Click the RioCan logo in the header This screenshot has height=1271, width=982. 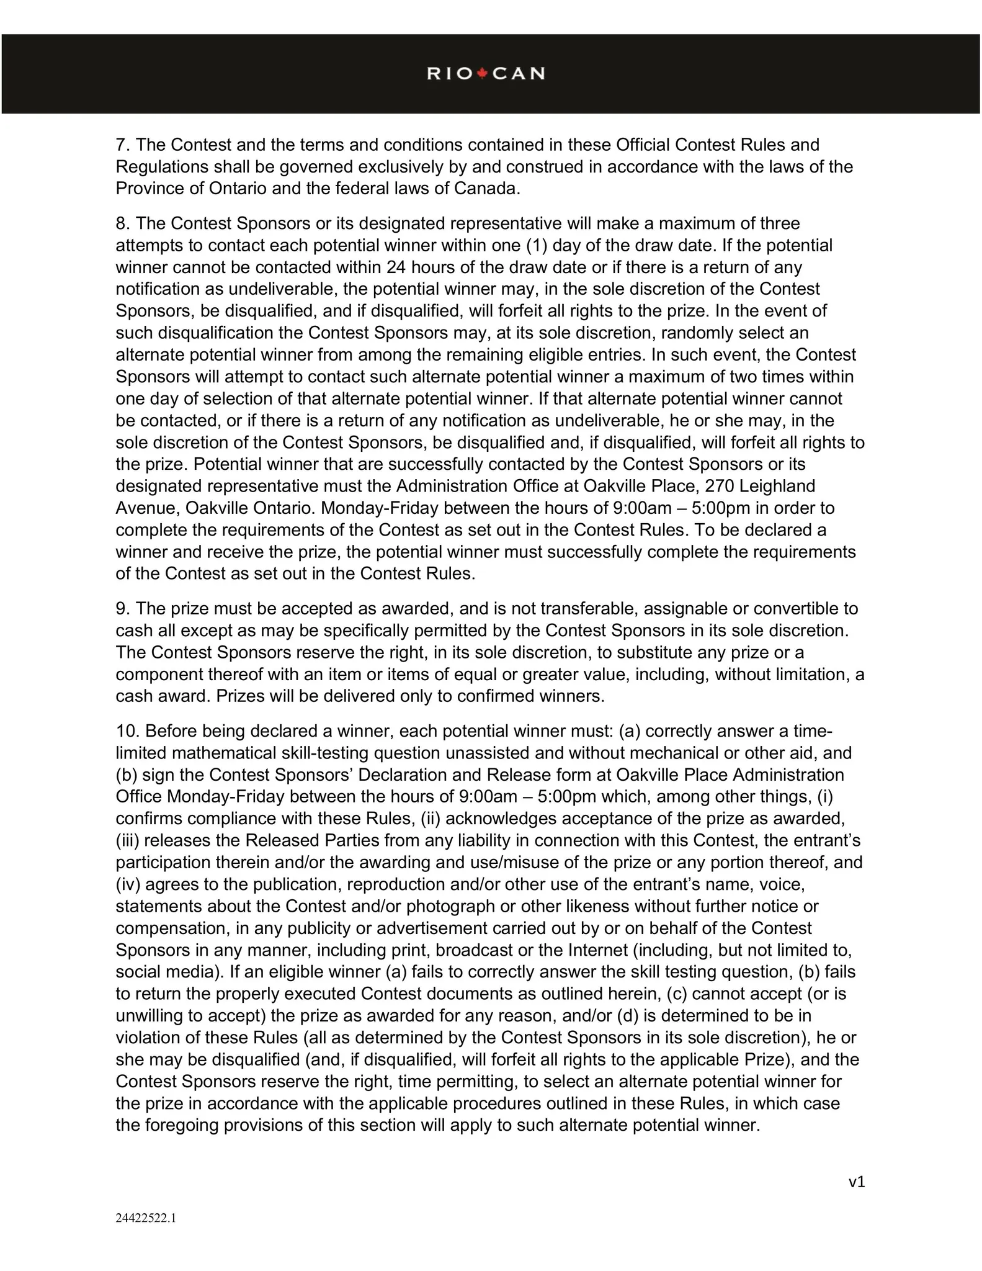486,74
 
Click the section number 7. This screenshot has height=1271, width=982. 122,145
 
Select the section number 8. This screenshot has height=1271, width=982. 122,223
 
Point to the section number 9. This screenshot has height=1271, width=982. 122,609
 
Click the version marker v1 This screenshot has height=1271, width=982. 856,1182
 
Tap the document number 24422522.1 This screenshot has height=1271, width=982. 146,1218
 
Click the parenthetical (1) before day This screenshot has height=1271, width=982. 537,246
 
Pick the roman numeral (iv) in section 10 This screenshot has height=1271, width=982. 128,884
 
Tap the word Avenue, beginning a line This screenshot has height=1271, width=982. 148,508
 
